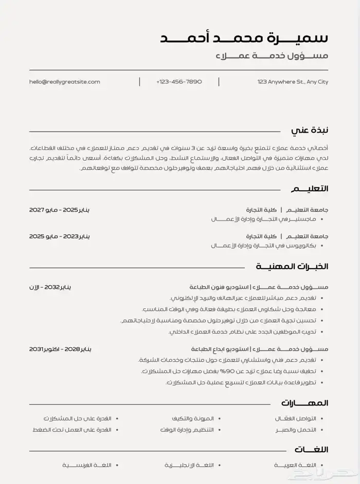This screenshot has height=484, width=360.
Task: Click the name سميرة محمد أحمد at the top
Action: tap(244, 39)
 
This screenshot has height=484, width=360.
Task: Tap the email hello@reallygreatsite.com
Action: tap(65, 82)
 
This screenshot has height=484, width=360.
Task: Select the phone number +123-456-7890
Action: tap(179, 82)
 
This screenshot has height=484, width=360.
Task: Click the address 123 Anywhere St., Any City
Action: tap(293, 82)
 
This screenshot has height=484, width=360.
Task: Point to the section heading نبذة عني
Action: tap(310, 131)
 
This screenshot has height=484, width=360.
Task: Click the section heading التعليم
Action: tap(310, 189)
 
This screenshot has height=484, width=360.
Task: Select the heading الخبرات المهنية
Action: tap(292, 267)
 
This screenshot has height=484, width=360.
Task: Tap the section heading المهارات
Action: tap(304, 403)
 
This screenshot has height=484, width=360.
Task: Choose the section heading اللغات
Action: tap(311, 450)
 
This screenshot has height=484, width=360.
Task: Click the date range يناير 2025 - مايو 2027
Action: tap(60, 210)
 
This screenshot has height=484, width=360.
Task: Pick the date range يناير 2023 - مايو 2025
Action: tap(60, 236)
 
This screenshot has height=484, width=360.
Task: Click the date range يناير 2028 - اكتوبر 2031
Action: tap(60, 349)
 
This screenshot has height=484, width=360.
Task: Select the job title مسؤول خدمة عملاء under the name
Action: tap(272, 56)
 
